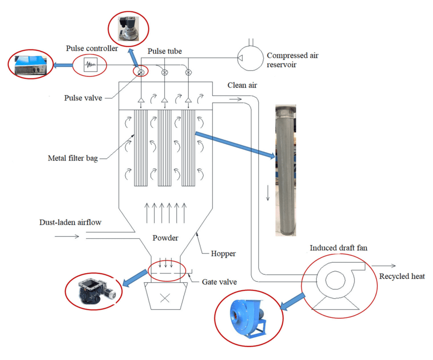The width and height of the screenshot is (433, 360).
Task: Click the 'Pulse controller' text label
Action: click(x=92, y=49)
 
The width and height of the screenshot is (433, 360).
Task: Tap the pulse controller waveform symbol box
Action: click(x=90, y=65)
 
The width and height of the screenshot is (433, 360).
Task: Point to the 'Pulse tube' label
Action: click(x=164, y=51)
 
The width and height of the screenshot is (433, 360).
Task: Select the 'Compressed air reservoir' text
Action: click(x=292, y=60)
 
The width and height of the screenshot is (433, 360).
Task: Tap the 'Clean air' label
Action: click(x=242, y=85)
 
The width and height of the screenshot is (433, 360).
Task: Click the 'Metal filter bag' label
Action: click(x=73, y=159)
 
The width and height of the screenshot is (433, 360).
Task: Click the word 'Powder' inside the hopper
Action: click(x=165, y=238)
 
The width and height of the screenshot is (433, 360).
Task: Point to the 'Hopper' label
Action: click(x=223, y=254)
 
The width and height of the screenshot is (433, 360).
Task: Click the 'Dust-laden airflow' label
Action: click(x=70, y=222)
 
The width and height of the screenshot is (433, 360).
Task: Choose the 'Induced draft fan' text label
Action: click(x=338, y=248)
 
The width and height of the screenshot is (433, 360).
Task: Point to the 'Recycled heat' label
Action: click(x=402, y=276)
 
